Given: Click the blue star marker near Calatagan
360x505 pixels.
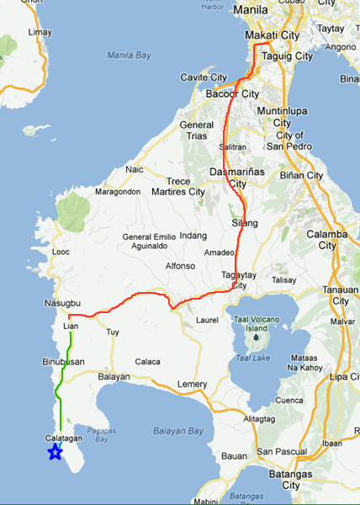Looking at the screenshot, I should click(55, 453).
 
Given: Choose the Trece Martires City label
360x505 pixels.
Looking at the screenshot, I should click(173, 187).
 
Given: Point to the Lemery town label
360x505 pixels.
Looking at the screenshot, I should click(193, 385).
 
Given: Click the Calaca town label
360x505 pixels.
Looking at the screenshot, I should click(148, 362).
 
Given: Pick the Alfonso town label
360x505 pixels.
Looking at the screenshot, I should click(180, 266).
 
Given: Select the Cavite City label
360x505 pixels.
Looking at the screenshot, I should click(204, 77).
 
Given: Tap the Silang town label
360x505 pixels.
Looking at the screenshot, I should click(245, 223).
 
